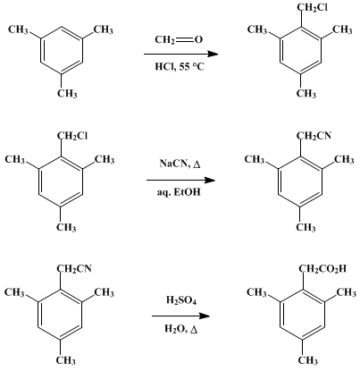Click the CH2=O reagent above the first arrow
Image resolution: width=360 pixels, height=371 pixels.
tap(179, 40)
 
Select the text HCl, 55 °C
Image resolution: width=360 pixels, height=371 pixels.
tap(180, 66)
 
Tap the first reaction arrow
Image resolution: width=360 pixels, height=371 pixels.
tap(181, 54)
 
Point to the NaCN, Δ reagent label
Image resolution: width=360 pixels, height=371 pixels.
tap(180, 164)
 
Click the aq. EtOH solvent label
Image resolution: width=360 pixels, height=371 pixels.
tap(179, 192)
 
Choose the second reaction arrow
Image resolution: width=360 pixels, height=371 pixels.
tap(180, 180)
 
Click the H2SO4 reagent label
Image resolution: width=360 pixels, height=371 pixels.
tap(181, 300)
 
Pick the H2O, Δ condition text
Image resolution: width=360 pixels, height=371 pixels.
tap(181, 329)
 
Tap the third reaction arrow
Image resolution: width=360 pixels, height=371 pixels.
tap(181, 316)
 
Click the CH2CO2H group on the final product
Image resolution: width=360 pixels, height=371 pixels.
tap(322, 269)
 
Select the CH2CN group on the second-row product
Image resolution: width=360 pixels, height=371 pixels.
tap(314, 136)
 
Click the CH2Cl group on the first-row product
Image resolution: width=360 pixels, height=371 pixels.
tap(313, 8)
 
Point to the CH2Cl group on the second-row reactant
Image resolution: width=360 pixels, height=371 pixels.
tap(72, 136)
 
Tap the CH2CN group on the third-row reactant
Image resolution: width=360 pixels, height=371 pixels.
tap(74, 269)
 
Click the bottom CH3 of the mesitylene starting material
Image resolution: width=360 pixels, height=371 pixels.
tap(67, 94)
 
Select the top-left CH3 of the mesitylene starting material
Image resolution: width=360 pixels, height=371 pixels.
tap(18, 30)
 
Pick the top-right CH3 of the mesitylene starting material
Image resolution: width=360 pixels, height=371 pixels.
tap(104, 30)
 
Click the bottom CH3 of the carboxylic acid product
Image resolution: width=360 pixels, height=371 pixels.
tap(307, 360)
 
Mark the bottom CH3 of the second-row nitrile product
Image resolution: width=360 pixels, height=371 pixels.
tap(306, 228)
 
